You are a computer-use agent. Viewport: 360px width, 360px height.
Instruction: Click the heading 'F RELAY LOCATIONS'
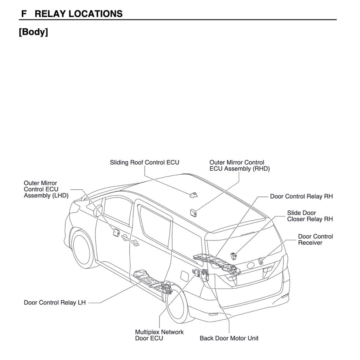click(72, 14)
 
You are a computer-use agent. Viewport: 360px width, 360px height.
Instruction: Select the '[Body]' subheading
click(33, 32)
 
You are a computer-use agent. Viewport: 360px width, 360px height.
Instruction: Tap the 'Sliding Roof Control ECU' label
click(144, 163)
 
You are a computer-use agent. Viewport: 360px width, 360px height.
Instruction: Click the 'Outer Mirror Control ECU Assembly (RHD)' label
click(239, 166)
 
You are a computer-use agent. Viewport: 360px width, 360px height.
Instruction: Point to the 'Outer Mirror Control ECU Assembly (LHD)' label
click(46, 189)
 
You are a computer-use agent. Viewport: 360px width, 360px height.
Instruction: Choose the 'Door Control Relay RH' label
click(301, 197)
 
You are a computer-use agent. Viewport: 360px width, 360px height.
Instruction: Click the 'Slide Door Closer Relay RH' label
click(310, 216)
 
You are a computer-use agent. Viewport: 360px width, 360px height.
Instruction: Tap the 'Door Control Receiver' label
click(315, 239)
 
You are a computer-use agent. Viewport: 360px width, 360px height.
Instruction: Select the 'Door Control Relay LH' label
click(55, 303)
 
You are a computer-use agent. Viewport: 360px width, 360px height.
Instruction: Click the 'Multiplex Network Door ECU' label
click(159, 335)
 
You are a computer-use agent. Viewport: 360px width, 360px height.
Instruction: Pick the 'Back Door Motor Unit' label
click(229, 338)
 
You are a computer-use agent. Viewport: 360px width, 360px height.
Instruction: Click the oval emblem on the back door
click(250, 267)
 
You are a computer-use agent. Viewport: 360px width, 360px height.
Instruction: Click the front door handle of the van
click(125, 237)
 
